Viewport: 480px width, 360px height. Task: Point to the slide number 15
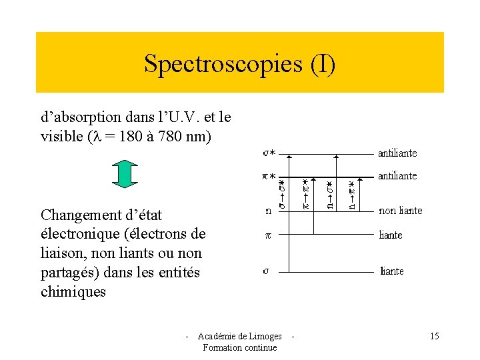434,336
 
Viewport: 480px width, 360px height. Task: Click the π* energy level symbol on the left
269,176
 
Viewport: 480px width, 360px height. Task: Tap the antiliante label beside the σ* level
397,153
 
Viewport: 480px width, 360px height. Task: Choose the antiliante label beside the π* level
397,176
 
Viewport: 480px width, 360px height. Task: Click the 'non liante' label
400,211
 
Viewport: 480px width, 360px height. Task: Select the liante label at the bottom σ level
391,271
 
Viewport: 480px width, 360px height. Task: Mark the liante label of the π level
391,235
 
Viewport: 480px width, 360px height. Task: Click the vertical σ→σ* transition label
281,194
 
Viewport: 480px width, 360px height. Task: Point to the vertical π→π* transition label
306,194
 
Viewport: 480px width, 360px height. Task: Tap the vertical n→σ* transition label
331,194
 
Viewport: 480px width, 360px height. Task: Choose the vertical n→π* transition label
353,194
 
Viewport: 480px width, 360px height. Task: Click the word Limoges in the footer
267,336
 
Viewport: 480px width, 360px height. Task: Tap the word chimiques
73,292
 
